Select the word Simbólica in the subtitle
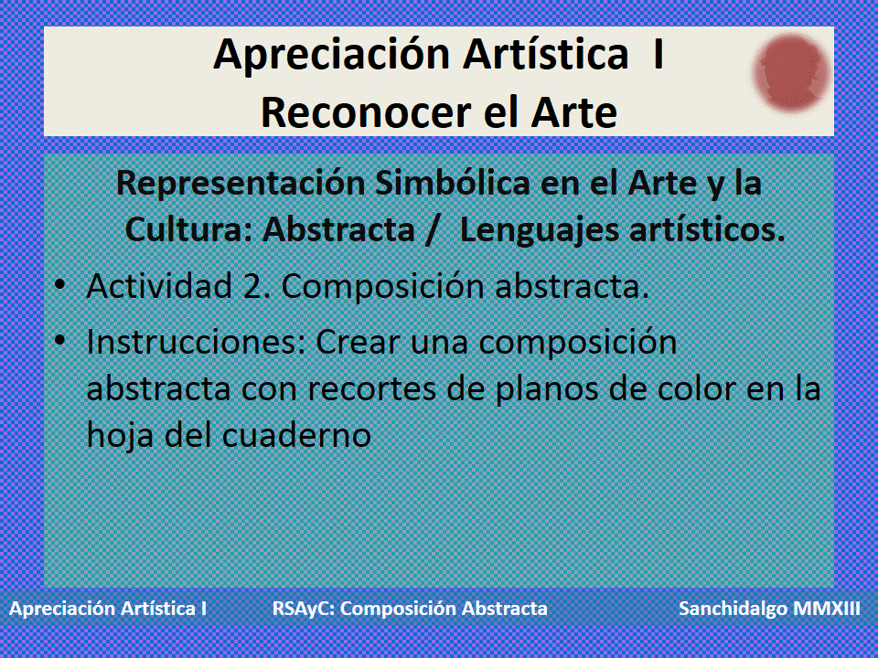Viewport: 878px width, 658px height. [x=444, y=184]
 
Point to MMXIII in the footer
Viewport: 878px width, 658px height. [x=827, y=609]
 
